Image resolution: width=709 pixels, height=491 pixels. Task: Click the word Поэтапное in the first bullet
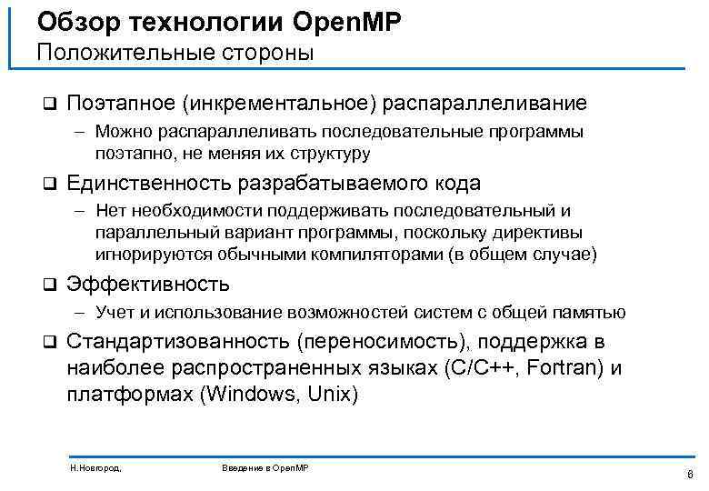(121, 104)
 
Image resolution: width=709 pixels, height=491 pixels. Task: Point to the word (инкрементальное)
(279, 104)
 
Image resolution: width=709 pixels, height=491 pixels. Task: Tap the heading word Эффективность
(148, 285)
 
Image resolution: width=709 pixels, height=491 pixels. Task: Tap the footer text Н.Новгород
(95, 467)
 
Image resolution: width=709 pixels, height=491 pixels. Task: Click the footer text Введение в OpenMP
(265, 467)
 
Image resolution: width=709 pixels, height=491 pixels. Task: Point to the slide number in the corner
(690, 474)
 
